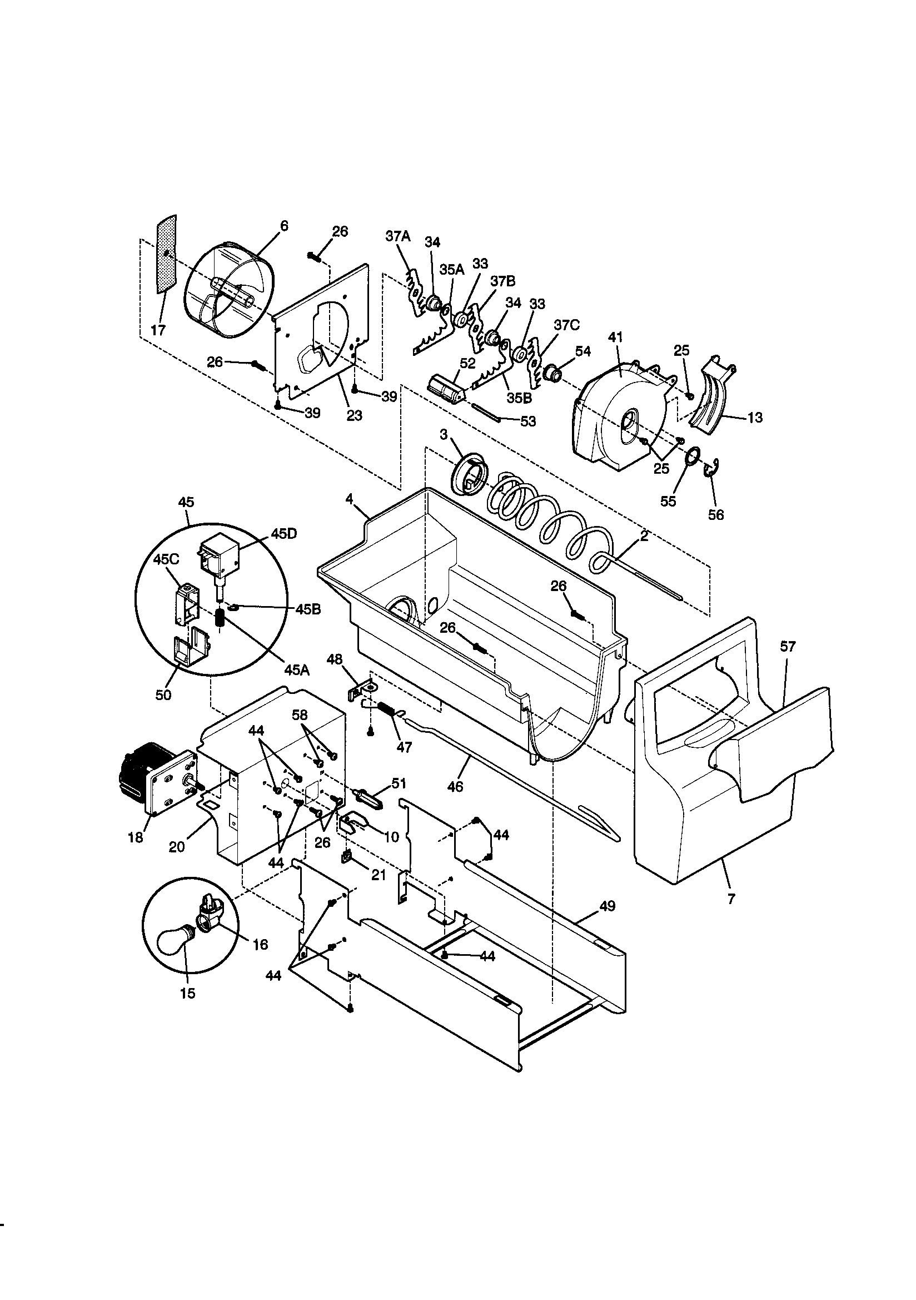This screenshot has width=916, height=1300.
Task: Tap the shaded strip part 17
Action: tap(166, 255)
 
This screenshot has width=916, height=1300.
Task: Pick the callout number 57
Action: tap(788, 647)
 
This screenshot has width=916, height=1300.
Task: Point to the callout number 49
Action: tap(607, 906)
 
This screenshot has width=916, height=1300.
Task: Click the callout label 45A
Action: tap(297, 670)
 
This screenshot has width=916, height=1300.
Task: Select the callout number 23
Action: tap(354, 415)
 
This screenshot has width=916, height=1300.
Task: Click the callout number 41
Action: tap(615, 338)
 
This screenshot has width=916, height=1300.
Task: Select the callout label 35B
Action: tap(519, 398)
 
